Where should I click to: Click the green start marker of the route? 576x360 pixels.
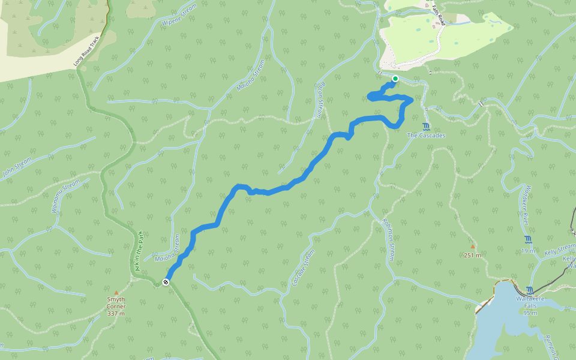tap(395, 79)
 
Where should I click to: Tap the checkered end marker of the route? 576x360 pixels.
tap(166, 282)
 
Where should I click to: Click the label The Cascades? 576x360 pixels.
tap(426, 136)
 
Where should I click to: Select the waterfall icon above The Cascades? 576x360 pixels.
tap(426, 126)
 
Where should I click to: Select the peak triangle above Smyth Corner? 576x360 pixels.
tap(116, 292)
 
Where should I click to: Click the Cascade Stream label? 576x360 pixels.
tap(302, 268)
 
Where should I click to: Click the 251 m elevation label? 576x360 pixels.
tap(473, 255)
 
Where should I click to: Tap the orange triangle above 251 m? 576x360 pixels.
tap(473, 246)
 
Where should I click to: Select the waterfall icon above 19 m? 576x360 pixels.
tap(528, 239)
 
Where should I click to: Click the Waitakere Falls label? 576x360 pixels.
tap(530, 305)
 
